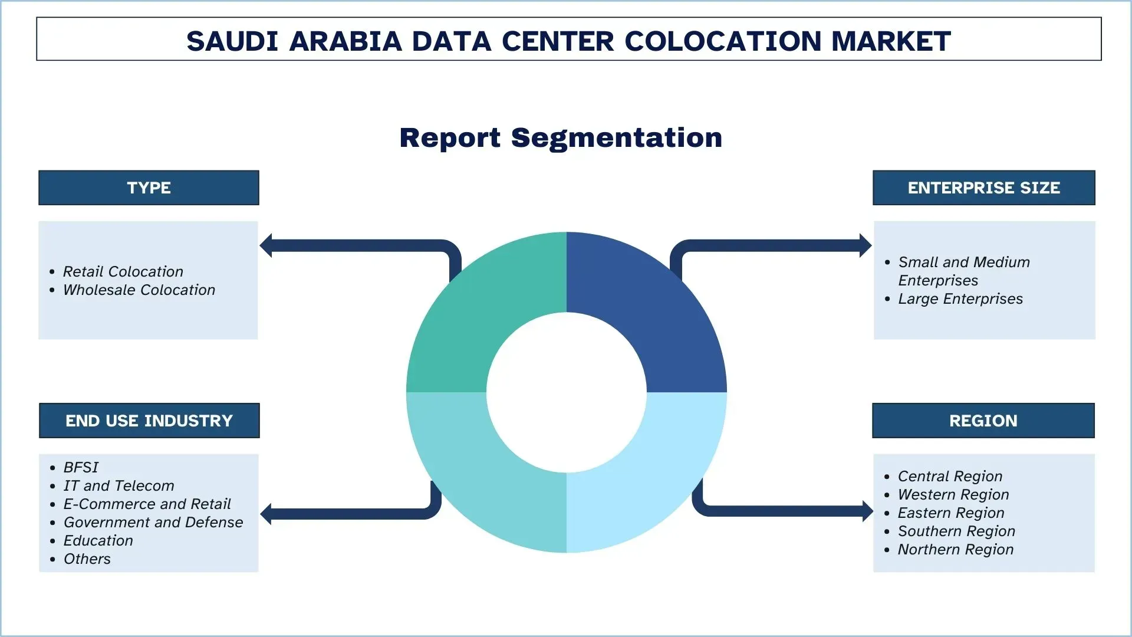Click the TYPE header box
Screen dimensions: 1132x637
149,188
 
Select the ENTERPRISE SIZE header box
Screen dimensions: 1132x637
983,188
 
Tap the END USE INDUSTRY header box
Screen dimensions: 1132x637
149,421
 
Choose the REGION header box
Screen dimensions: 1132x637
983,421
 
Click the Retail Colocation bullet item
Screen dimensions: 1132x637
123,271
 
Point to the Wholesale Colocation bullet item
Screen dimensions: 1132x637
139,290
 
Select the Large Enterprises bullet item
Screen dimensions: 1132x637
960,299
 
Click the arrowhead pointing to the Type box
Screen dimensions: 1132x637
266,245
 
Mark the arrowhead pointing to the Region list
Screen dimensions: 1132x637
867,511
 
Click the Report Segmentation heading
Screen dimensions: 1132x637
561,137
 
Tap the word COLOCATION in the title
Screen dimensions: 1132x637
722,41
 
